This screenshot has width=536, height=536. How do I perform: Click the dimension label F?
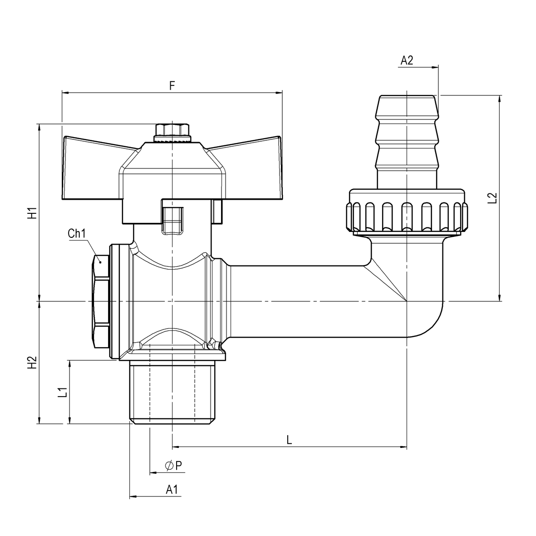pyautogui.click(x=172, y=85)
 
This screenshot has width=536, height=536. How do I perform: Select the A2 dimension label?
pyautogui.click(x=407, y=60)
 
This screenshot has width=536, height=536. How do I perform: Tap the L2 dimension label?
pyautogui.click(x=492, y=198)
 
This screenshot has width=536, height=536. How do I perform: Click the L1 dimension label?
pyautogui.click(x=62, y=392)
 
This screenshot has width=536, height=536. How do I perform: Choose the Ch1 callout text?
pyautogui.click(x=77, y=234)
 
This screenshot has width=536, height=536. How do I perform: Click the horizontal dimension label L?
pyautogui.click(x=289, y=439)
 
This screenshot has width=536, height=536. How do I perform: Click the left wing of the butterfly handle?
pyautogui.click(x=91, y=168)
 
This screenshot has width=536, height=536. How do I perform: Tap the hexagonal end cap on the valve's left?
pyautogui.click(x=101, y=302)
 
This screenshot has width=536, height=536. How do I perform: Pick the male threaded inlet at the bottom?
pyautogui.click(x=171, y=393)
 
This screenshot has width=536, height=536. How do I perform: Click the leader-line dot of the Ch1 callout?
pyautogui.click(x=100, y=261)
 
